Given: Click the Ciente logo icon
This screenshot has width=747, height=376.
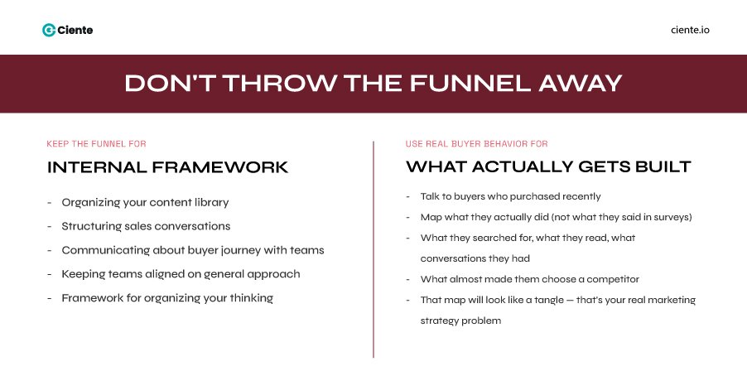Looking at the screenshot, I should tap(48, 30).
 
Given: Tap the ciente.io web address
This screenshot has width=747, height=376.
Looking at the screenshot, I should tap(690, 30).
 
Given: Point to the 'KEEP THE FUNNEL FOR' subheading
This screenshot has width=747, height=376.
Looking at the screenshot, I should tap(97, 143).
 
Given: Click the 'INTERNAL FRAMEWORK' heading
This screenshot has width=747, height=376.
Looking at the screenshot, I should tap(168, 167).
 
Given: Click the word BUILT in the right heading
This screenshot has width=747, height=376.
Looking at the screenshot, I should tap(659, 167).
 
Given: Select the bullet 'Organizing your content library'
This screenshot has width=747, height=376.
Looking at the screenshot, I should tap(145, 202).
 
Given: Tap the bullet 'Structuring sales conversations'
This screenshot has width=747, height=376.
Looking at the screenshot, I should tap(146, 226).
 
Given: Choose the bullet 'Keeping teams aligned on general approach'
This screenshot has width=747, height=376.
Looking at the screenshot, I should tap(181, 274).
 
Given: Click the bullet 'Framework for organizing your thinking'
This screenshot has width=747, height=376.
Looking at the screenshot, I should tap(167, 298).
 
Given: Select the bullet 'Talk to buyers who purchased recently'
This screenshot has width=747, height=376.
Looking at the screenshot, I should tap(510, 196).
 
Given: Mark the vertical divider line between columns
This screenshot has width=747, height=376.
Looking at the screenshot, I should tap(373, 248).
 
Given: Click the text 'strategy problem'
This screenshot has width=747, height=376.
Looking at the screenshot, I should tap(460, 321).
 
